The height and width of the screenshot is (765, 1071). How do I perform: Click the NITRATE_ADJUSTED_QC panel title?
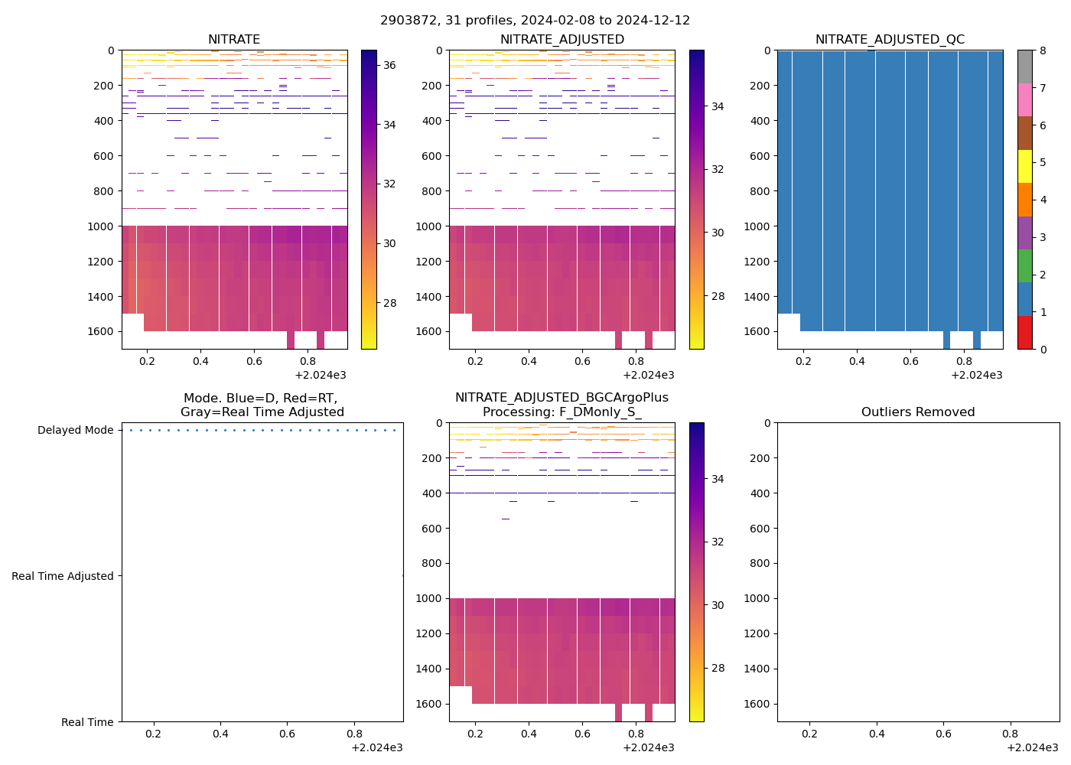pos(890,40)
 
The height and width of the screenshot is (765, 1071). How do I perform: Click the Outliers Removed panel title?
pos(918,412)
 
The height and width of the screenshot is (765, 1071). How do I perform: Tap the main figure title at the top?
pos(535,21)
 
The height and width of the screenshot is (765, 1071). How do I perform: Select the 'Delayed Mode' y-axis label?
pos(75,431)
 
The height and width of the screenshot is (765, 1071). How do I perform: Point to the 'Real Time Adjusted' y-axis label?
pos(63,577)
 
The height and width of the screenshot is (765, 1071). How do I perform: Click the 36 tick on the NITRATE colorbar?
pos(389,66)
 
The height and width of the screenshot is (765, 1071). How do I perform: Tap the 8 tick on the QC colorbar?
pos(1043,50)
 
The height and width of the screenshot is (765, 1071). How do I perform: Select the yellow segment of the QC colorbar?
pos(1025,166)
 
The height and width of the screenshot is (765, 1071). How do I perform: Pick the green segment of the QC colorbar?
pos(1025,265)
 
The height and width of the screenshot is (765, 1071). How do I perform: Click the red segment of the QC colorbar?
pos(1025,332)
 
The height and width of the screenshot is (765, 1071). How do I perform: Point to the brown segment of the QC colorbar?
pos(1025,133)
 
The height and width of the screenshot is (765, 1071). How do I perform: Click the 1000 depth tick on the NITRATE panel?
pos(101,226)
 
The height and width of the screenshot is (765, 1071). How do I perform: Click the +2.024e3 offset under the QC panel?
pos(976,376)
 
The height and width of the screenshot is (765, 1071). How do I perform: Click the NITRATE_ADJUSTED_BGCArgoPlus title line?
pos(562,398)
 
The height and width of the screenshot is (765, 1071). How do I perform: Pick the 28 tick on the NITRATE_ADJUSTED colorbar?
pos(718,297)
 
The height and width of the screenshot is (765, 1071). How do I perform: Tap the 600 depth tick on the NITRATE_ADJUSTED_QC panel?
pos(760,156)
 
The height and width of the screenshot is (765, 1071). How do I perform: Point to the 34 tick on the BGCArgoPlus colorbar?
pos(718,480)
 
